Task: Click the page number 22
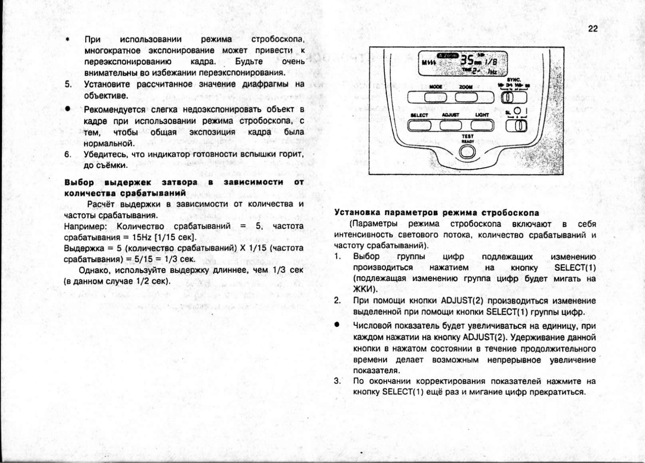(x=593, y=29)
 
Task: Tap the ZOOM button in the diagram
(x=466, y=97)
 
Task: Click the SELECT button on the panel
(x=419, y=126)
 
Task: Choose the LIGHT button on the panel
(x=482, y=126)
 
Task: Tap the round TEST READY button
(x=468, y=152)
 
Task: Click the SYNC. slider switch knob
(x=508, y=97)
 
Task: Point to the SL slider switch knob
(x=521, y=126)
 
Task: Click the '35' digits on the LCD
(x=467, y=60)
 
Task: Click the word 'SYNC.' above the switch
(x=514, y=80)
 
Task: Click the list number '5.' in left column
(x=69, y=84)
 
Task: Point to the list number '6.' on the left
(x=68, y=154)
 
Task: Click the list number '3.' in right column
(x=337, y=381)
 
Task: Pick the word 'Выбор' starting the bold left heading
(x=79, y=183)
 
